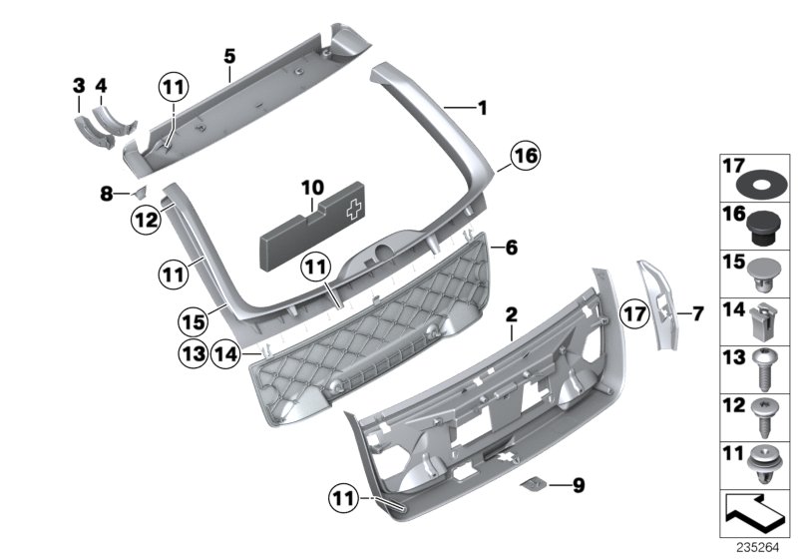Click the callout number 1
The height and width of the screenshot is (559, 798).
482,106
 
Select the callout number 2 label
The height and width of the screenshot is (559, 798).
511,314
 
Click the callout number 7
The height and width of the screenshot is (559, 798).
698,313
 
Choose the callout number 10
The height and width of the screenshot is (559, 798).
312,187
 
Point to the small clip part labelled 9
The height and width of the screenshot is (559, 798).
536,485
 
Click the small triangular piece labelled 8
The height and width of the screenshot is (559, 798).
140,191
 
